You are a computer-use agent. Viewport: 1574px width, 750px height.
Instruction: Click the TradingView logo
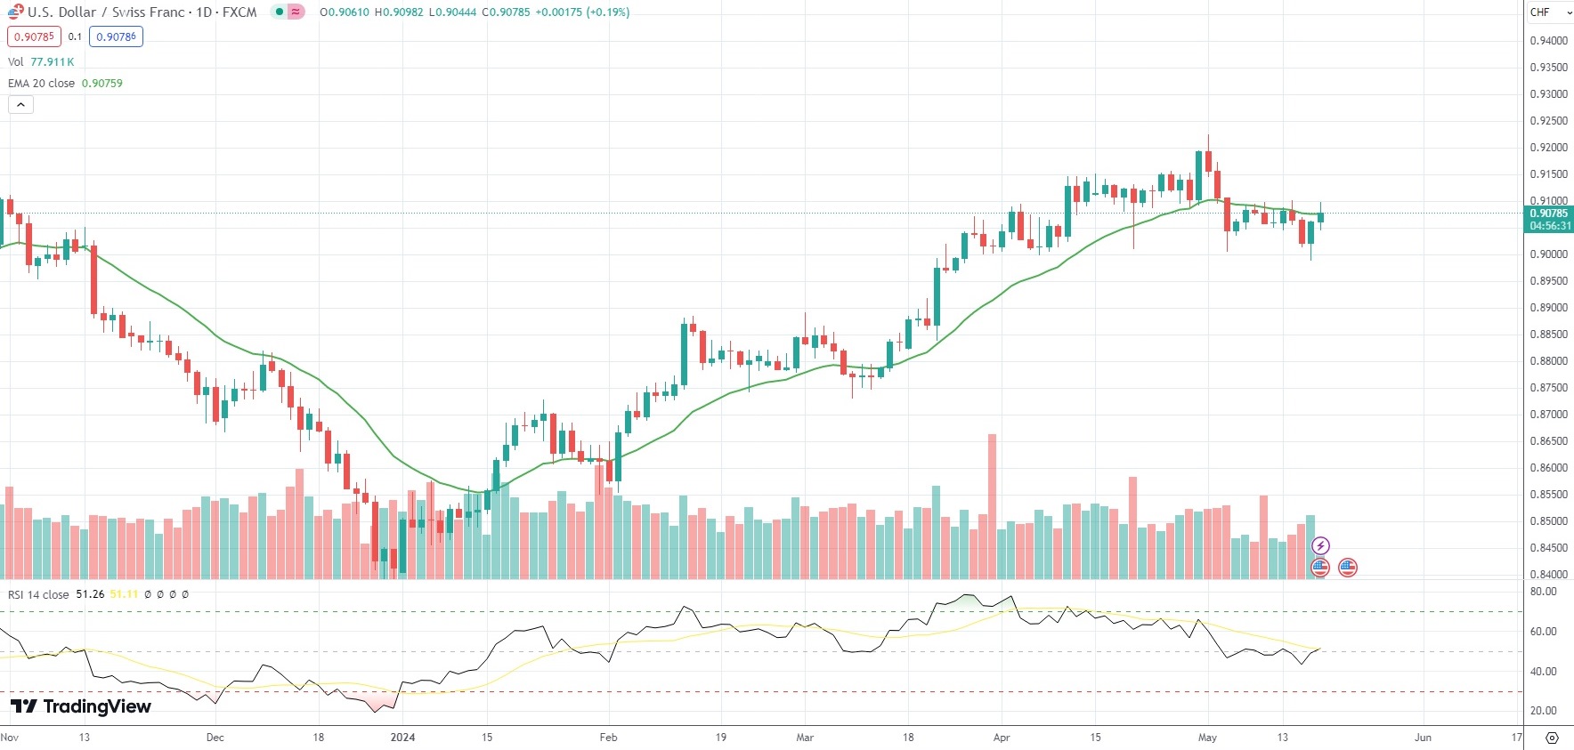81,706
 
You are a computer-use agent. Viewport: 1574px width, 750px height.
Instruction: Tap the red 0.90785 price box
34,36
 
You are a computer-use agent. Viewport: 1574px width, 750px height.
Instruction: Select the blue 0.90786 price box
116,36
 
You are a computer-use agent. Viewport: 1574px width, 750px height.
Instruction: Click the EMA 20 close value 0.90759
102,83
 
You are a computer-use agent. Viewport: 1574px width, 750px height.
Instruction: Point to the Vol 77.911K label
41,61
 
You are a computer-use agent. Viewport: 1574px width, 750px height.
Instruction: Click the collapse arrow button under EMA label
20,104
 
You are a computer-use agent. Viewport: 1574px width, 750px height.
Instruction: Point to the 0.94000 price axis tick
1548,41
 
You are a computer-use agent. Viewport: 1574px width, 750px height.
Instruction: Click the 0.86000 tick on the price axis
1548,468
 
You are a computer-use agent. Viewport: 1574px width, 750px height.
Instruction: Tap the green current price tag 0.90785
1548,219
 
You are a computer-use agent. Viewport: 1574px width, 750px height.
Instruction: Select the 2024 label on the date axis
403,737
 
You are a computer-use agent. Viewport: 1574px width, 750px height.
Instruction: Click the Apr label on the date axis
1002,737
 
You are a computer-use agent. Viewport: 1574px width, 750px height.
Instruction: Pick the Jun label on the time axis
1423,737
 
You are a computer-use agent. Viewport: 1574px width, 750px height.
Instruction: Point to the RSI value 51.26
90,594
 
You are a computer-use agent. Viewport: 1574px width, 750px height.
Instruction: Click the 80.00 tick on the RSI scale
1543,592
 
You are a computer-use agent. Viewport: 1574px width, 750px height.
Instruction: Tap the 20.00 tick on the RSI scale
1543,711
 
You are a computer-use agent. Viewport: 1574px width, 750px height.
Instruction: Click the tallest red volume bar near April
992,507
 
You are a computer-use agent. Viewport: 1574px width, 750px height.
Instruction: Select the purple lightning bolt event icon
1320,545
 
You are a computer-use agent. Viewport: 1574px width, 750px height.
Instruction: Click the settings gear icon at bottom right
1552,738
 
